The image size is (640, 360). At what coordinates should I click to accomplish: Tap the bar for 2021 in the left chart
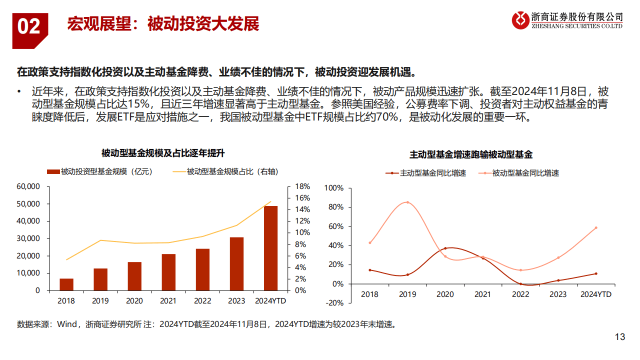pos(168,272)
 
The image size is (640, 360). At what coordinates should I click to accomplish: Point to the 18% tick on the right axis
pos(302,186)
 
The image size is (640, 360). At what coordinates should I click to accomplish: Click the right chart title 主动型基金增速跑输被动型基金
pos(471,154)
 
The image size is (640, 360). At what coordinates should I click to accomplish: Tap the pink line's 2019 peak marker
pos(407,202)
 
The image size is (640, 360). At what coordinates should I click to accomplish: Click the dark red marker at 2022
pos(520,284)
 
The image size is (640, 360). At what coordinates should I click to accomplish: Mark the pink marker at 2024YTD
pos(596,227)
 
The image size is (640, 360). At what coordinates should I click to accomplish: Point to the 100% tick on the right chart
pos(334,188)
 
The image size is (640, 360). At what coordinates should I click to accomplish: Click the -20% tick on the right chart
pos(334,303)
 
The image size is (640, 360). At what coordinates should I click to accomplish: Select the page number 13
pos(619,337)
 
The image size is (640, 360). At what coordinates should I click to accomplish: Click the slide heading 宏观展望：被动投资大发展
pos(163,24)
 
